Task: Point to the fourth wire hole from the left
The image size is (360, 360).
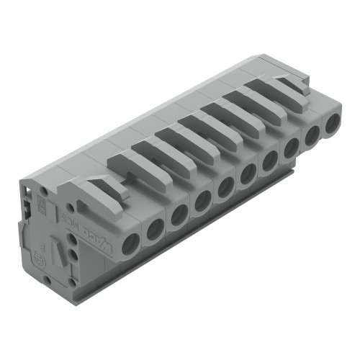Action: [202, 199]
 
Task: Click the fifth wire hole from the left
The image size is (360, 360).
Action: [225, 186]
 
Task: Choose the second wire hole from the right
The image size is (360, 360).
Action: [312, 135]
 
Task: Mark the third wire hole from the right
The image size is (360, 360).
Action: [292, 148]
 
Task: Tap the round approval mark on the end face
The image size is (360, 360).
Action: [42, 255]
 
